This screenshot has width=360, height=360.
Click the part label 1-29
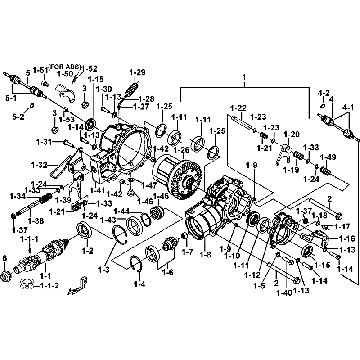pyautogui.click(x=137, y=72)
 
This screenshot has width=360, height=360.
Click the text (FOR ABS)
pyautogui.click(x=64, y=67)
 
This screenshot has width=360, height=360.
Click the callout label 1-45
pyautogui.click(x=161, y=196)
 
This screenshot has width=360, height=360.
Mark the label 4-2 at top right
pyautogui.click(x=324, y=93)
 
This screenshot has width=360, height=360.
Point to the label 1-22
pyautogui.click(x=238, y=108)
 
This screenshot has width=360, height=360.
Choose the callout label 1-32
pyautogui.click(x=40, y=165)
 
